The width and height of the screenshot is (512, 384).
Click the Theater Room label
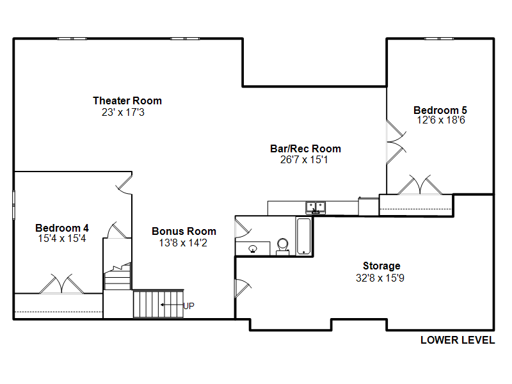click(127, 100)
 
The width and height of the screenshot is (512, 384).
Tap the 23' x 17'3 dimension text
click(123, 113)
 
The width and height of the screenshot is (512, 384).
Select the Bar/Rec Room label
click(306, 149)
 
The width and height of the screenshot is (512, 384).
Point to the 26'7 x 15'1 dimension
click(304, 159)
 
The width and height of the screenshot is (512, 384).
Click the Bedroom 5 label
click(440, 110)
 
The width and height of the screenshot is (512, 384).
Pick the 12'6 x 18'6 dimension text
click(441, 120)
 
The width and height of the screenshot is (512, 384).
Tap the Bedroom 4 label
click(62, 228)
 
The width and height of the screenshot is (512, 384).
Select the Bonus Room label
click(184, 231)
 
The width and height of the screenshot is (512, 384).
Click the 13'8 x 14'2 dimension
click(183, 243)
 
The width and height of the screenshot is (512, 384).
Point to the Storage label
click(381, 266)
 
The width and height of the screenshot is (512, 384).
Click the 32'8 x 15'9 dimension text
click(380, 278)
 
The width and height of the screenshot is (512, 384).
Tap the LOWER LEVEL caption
click(458, 340)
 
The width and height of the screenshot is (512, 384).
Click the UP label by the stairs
click(189, 306)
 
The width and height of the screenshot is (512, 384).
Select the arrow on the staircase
click(172, 305)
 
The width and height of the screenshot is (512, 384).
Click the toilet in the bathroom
click(283, 246)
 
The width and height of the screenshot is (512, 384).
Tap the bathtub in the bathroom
click(303, 236)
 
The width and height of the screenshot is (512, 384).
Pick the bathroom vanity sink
click(253, 249)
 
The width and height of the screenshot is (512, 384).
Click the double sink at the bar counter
click(316, 207)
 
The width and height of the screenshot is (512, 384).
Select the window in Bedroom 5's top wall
click(439, 39)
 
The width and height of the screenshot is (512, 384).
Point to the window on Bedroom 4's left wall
click(13, 205)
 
